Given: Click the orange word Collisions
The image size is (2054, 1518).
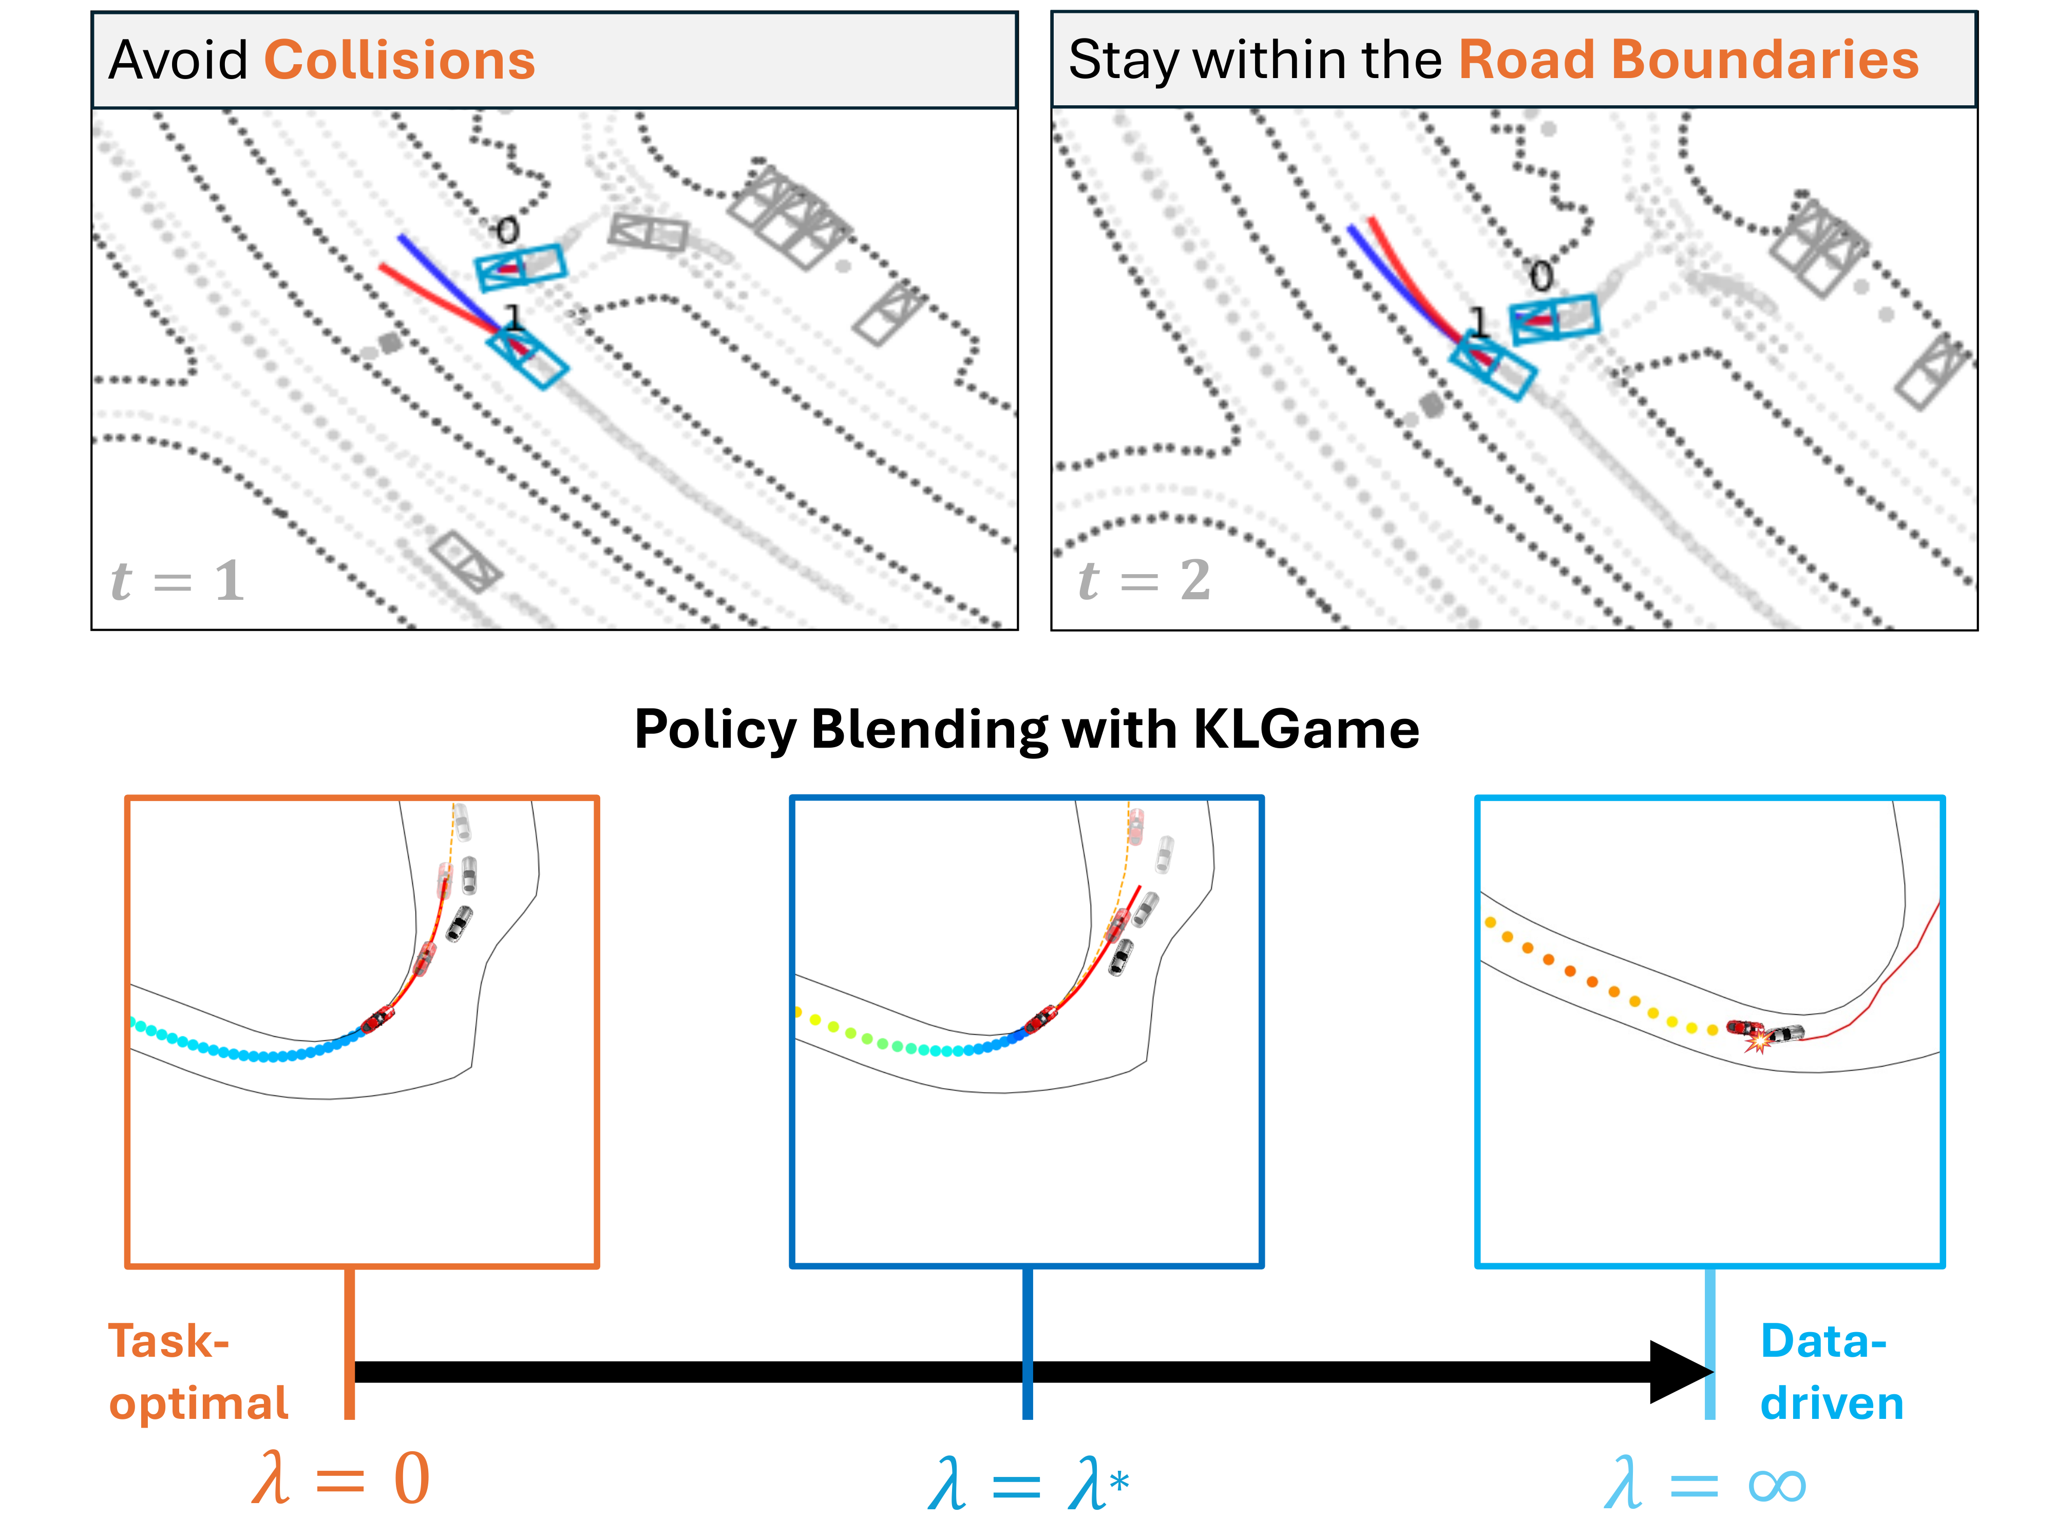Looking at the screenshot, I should pyautogui.click(x=400, y=61).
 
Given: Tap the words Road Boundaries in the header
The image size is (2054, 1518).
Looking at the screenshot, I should pyautogui.click(x=1688, y=61).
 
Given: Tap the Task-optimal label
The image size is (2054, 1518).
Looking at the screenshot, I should pyautogui.click(x=198, y=1372).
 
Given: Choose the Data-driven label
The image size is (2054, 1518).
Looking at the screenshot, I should pyautogui.click(x=1831, y=1372).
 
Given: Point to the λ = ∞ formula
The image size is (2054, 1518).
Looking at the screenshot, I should pyautogui.click(x=1704, y=1481).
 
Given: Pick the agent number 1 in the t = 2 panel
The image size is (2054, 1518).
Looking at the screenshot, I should pyautogui.click(x=1478, y=321).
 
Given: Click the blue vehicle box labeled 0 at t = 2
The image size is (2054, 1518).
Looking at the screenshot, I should pyautogui.click(x=1554, y=318).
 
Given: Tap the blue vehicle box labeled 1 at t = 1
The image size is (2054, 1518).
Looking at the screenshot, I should pyautogui.click(x=527, y=358).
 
